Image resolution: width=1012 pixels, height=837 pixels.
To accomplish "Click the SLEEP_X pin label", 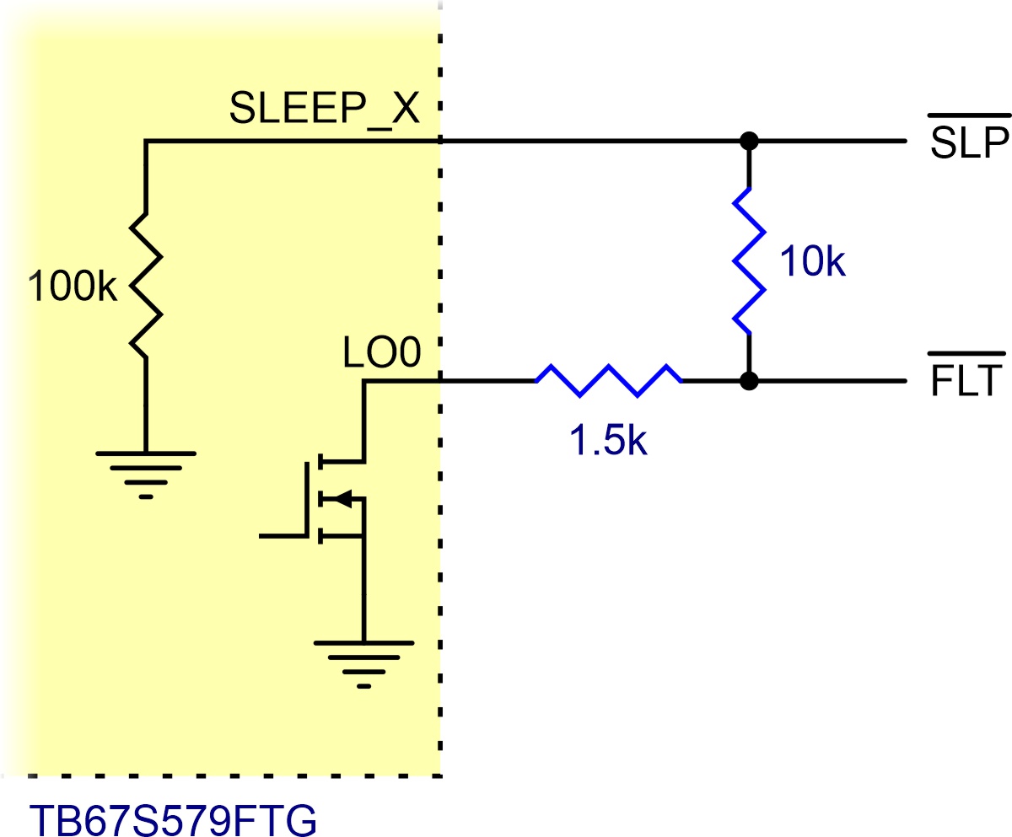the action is pyautogui.click(x=324, y=109).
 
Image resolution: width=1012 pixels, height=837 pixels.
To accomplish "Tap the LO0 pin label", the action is pyautogui.click(x=381, y=352).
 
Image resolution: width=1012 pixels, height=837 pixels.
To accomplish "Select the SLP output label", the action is pyautogui.click(x=969, y=143).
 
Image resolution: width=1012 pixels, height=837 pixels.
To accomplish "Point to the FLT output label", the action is pyautogui.click(x=966, y=381).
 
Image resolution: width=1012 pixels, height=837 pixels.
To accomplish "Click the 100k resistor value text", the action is pyautogui.click(x=73, y=287).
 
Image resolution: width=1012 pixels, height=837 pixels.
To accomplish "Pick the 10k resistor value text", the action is pyautogui.click(x=813, y=261).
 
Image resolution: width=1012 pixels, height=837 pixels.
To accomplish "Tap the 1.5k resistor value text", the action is pyautogui.click(x=608, y=440).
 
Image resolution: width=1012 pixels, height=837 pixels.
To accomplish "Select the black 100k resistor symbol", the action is pyautogui.click(x=146, y=286).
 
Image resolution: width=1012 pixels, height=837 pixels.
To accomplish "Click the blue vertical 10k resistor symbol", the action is pyautogui.click(x=749, y=261).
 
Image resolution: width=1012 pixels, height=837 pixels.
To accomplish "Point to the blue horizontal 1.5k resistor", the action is pyautogui.click(x=608, y=381).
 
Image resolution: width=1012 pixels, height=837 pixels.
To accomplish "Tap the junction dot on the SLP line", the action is pyautogui.click(x=749, y=141).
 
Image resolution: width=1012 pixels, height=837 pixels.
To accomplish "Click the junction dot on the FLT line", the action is pyautogui.click(x=749, y=381).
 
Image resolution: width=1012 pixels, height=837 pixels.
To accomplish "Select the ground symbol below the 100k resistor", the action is pyautogui.click(x=146, y=475).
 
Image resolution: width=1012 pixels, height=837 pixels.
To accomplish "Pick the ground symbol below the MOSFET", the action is pyautogui.click(x=364, y=664).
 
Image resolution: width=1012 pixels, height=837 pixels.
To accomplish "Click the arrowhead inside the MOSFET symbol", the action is pyautogui.click(x=343, y=498).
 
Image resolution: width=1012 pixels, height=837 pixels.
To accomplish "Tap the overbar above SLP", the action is pyautogui.click(x=969, y=115).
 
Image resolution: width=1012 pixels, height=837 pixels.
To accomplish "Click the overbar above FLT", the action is pyautogui.click(x=966, y=353).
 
